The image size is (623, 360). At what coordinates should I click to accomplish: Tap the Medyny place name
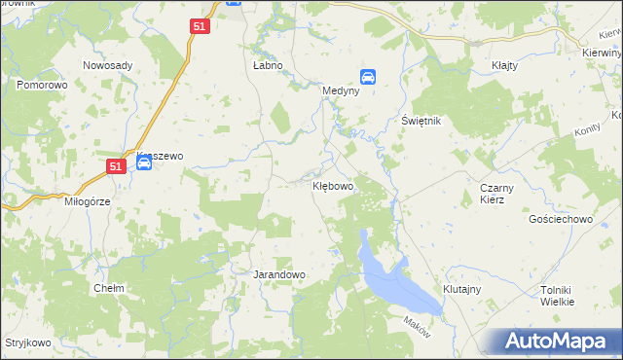point(341,91)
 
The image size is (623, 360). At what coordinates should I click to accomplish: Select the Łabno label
point(267,65)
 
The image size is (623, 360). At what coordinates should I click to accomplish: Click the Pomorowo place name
point(40,86)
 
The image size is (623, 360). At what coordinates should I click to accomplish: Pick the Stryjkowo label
point(26,342)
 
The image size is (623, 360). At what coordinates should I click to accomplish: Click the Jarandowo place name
point(279,274)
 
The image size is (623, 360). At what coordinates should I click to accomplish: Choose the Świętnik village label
point(422,121)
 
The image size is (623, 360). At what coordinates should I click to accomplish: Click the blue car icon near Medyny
point(368,77)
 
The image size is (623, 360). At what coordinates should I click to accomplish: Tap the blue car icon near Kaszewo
point(143,163)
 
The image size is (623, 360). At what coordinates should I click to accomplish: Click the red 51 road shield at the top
point(200,28)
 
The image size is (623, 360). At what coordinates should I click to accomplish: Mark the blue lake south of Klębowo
point(389,274)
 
